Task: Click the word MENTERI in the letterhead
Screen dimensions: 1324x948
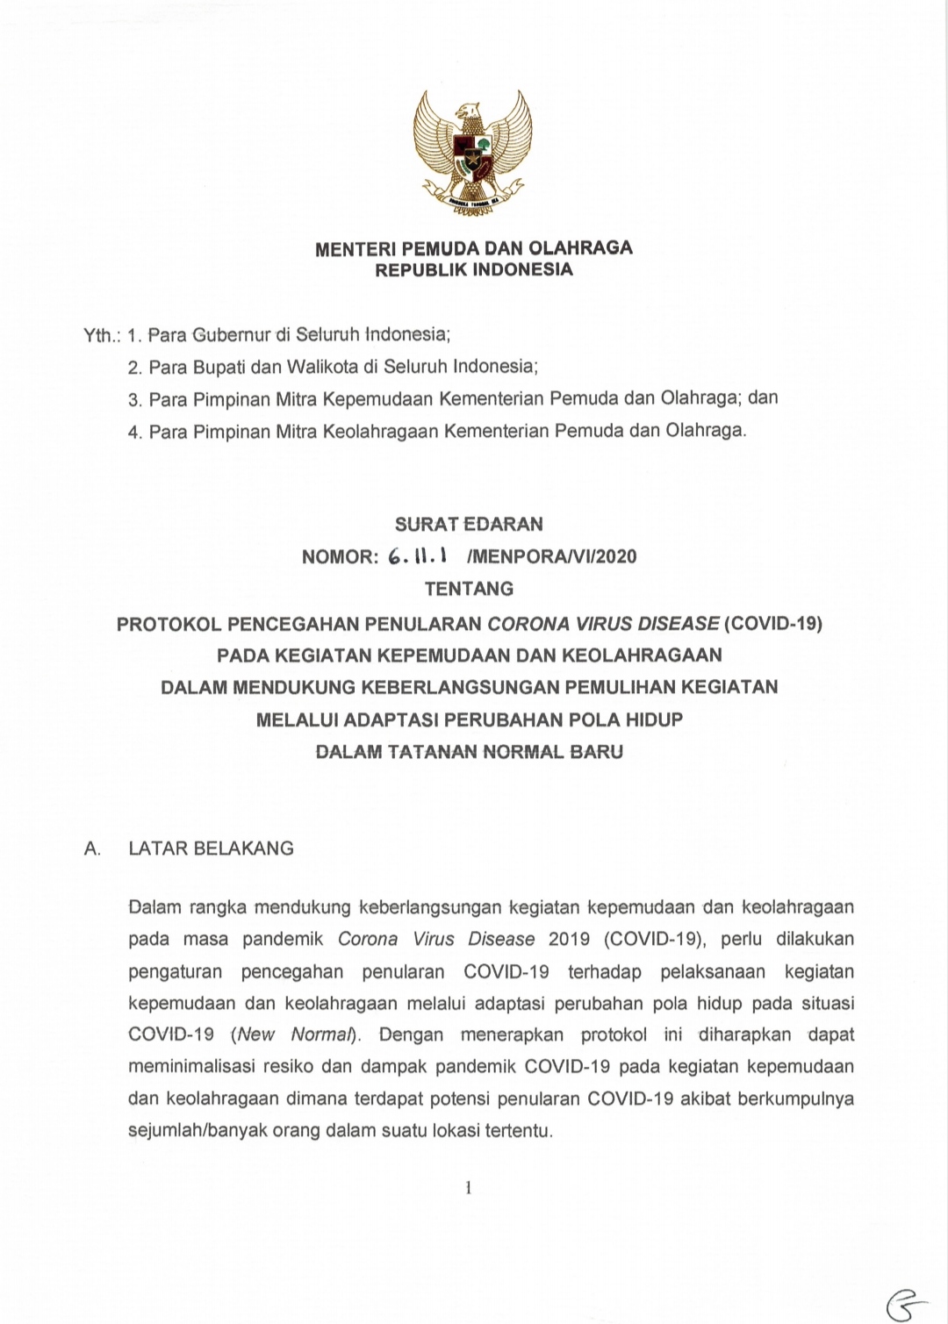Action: click(348, 249)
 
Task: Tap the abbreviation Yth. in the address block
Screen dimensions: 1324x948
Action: click(101, 335)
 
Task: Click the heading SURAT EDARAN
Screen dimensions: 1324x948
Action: click(469, 525)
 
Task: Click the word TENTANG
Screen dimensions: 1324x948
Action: click(469, 589)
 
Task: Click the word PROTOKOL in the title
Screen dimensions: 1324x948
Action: click(169, 625)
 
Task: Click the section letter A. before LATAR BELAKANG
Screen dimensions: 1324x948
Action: click(92, 848)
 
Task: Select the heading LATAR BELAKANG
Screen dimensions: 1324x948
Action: click(212, 848)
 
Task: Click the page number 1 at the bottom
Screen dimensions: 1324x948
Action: click(469, 1188)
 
